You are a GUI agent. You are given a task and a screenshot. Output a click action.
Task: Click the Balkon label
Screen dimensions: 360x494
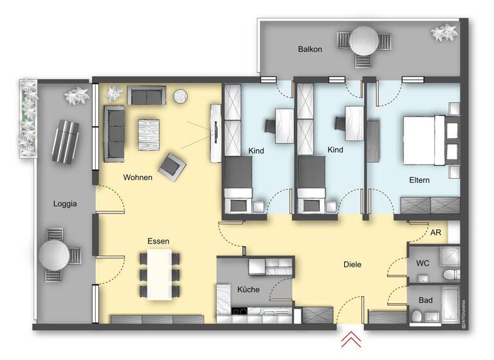[309, 49]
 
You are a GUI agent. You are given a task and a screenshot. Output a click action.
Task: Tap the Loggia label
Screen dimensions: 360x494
[65, 204]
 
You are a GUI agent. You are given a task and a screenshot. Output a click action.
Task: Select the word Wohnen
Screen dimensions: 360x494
[138, 177]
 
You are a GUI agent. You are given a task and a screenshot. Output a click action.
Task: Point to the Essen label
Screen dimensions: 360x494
[158, 241]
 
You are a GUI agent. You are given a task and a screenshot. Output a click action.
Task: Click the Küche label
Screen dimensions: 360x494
[248, 289]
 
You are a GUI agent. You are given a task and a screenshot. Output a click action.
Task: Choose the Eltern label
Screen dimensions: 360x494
[419, 180]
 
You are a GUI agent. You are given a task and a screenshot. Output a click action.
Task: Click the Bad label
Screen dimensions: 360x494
[425, 300]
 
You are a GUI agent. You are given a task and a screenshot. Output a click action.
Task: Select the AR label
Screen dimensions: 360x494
[435, 232]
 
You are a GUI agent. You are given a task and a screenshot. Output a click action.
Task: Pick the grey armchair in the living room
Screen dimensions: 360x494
[172, 167]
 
